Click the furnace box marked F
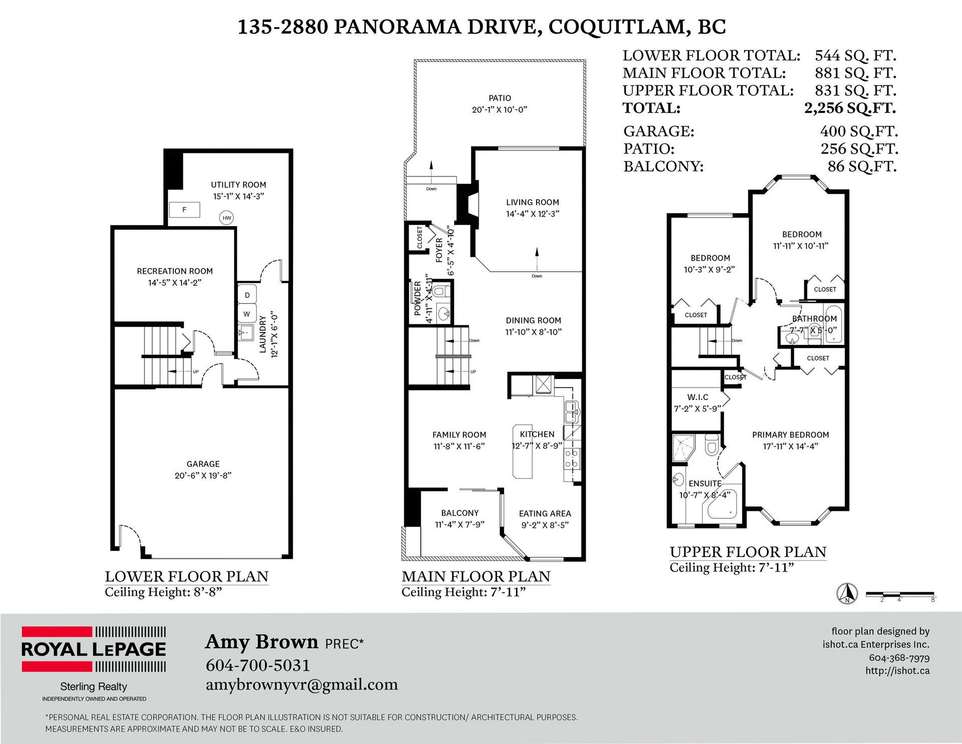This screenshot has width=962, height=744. coord(184,210)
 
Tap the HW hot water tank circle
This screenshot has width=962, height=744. coord(227,218)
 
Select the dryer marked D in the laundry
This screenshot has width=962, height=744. coord(247,295)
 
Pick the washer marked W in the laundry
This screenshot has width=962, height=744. coord(247,314)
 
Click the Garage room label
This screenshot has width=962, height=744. coord(203,464)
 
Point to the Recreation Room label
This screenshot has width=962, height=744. coord(175,271)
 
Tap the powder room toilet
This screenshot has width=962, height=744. coord(441,291)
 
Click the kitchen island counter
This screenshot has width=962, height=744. coord(522,452)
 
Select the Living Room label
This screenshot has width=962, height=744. coord(533,202)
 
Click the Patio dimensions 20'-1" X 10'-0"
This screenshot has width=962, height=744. coord(500,110)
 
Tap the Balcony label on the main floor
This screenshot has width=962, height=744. coord(460,513)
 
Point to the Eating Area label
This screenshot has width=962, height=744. coord(545,513)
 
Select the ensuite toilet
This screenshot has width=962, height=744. coord(711,444)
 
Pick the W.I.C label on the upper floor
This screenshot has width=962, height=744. coord(698,397)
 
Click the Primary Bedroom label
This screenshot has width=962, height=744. coord(791,435)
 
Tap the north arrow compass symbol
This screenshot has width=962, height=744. coord(847,594)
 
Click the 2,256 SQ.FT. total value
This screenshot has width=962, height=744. coord(850,108)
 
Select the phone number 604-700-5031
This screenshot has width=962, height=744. coord(258,665)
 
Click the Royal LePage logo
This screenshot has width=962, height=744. coord(94,649)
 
